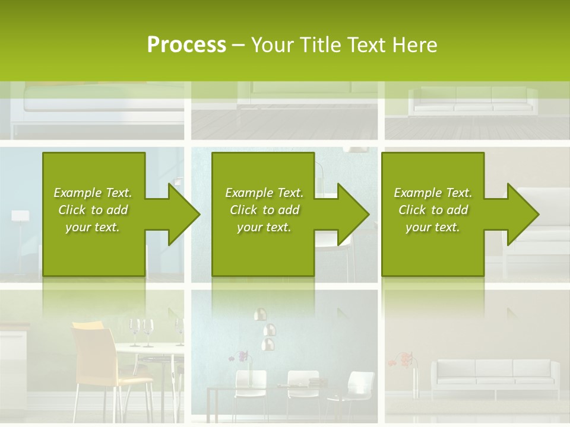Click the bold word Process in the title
[x=186, y=45]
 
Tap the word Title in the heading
[x=321, y=45]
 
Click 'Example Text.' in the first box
[x=93, y=193]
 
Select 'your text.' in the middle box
[x=264, y=227]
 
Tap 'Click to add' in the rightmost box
[x=433, y=210]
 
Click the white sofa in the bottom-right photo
[x=494, y=374]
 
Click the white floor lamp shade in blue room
[x=20, y=216]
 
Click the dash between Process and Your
[x=238, y=45]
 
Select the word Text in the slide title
[x=366, y=45]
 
